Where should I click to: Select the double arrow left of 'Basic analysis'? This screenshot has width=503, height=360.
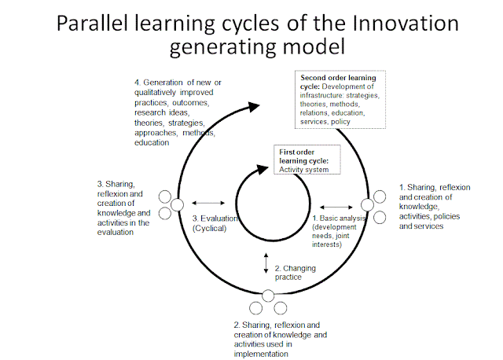pyautogui.click(x=333, y=208)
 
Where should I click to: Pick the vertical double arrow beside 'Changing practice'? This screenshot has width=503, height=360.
pyautogui.click(x=265, y=263)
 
